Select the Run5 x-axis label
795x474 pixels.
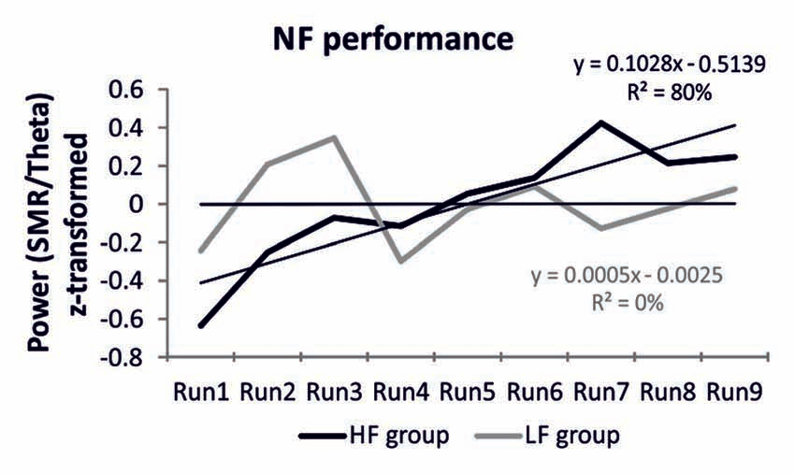coord(469,391)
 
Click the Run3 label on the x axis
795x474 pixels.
coord(333,391)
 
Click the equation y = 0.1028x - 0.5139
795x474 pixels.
coord(670,65)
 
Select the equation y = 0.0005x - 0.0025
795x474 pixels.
coord(628,278)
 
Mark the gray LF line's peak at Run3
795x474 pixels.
coord(334,137)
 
